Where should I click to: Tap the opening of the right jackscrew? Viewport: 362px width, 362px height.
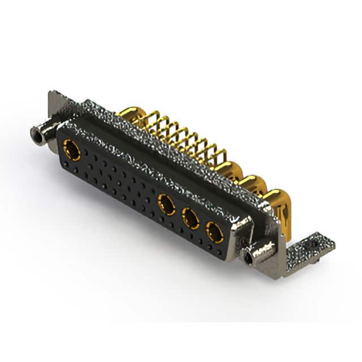tap(248, 258)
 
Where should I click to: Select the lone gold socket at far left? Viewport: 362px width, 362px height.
tap(72, 150)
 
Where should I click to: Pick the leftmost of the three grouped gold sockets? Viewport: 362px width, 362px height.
tap(166, 204)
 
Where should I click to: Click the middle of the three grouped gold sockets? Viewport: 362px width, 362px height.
tap(190, 218)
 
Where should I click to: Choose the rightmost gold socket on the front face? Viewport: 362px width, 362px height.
tap(214, 232)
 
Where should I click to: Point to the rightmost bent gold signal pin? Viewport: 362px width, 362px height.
tap(218, 155)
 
